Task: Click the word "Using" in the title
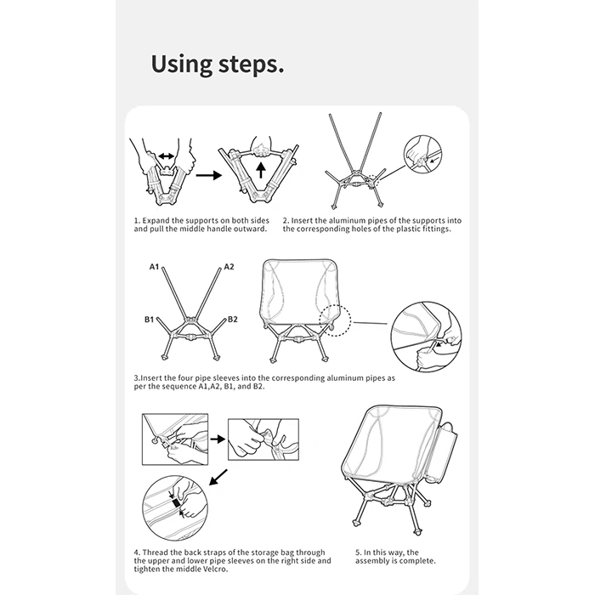click(182, 65)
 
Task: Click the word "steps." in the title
click(252, 65)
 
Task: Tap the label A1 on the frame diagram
click(154, 267)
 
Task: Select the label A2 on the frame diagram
click(229, 267)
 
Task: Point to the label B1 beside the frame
click(149, 320)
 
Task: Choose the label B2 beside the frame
click(233, 320)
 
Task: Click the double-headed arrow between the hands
click(167, 156)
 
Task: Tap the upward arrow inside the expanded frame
click(260, 170)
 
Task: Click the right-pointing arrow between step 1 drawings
click(209, 175)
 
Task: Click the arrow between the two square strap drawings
click(218, 439)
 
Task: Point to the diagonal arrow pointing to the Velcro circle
click(218, 478)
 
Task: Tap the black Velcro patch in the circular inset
click(176, 503)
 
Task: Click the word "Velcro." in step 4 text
click(214, 569)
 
